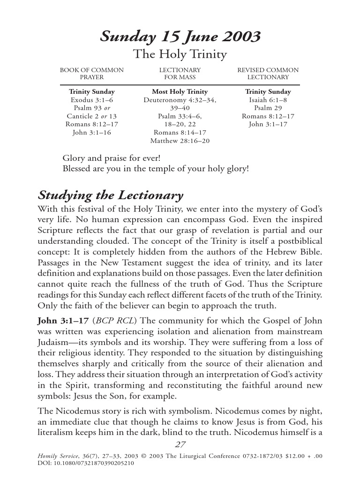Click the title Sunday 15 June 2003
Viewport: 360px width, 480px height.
click(180, 36)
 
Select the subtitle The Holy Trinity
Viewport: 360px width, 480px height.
click(180, 55)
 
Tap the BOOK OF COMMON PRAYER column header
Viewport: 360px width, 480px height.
click(92, 74)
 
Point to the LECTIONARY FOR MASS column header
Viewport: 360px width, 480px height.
click(180, 74)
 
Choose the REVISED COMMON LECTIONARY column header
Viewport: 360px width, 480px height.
click(268, 74)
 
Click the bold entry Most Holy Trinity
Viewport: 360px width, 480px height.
click(180, 92)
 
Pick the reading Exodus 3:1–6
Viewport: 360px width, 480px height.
click(92, 100)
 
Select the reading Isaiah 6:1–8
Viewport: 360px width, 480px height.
click(268, 100)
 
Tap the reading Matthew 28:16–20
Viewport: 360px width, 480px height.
click(180, 141)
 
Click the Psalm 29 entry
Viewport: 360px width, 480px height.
click(268, 108)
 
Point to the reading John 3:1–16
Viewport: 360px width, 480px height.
click(92, 133)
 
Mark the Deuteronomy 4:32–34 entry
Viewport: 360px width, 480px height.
click(180, 100)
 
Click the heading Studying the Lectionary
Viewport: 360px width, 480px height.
click(110, 195)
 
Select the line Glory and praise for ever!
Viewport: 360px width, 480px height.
click(107, 158)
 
